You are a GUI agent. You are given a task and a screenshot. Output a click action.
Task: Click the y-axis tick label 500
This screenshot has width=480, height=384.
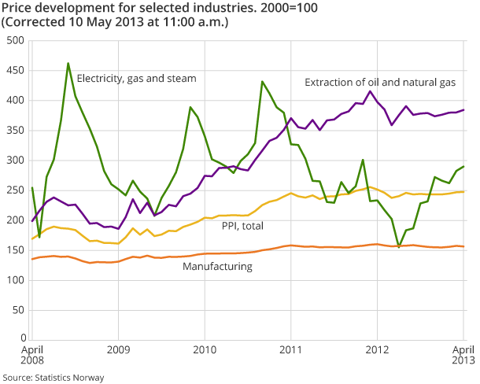point(13,40)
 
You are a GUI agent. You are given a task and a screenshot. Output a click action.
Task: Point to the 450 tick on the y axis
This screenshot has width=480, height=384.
point(13,70)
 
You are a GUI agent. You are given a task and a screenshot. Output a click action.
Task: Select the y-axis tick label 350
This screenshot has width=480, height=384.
point(13,130)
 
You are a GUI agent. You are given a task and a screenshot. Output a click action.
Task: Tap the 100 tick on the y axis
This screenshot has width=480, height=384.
point(13,280)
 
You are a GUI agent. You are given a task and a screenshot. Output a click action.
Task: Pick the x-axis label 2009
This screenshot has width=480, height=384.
point(118,349)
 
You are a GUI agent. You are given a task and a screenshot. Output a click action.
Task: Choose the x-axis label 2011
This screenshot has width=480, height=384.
point(291,349)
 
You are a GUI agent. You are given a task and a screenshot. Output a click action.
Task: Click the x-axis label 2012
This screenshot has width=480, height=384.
point(378,349)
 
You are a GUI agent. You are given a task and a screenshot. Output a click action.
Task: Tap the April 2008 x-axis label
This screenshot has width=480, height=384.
point(31,354)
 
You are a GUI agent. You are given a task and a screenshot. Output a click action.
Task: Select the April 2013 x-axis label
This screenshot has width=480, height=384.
point(463,354)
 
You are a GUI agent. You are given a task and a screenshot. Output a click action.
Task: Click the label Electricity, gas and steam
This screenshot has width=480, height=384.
point(136,78)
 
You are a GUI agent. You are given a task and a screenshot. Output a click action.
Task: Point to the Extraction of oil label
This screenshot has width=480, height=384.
point(380,82)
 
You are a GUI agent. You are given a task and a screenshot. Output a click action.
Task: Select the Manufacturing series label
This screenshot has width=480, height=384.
point(217,267)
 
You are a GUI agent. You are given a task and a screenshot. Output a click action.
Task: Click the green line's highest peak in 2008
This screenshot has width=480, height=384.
point(68,63)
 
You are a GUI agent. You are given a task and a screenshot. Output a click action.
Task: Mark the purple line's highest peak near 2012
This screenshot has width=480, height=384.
point(370,90)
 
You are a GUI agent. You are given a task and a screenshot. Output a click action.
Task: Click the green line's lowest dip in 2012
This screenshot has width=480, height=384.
point(399,247)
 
